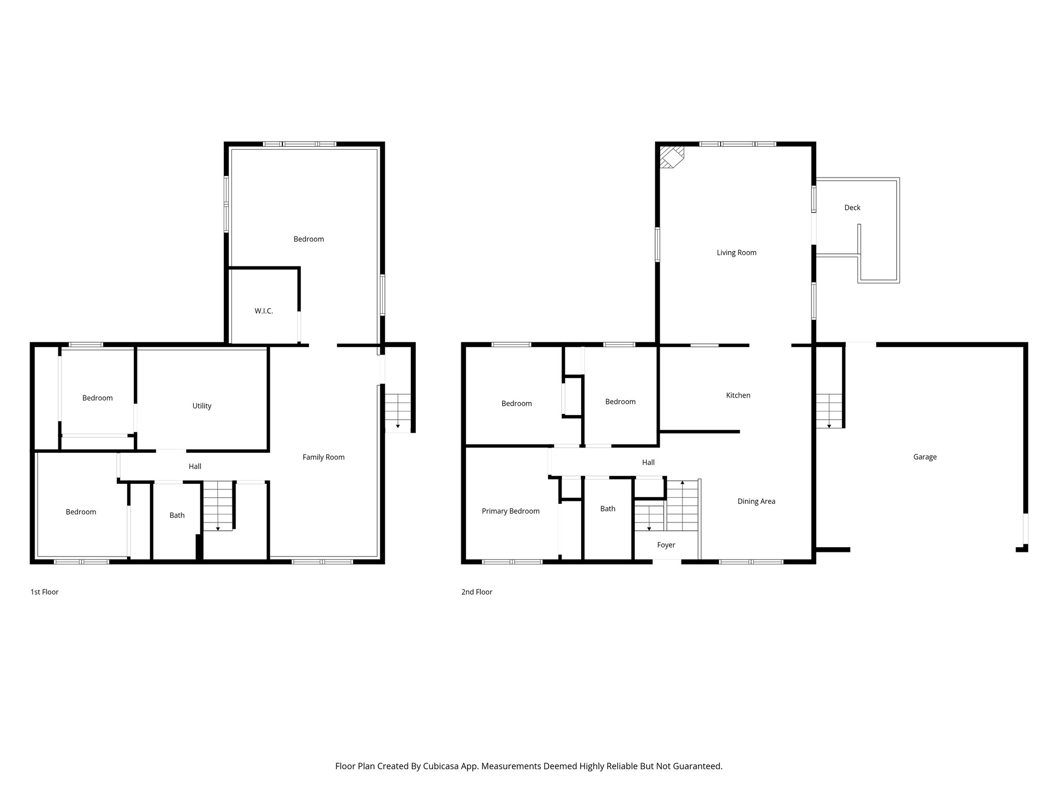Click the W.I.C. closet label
tap(263, 311)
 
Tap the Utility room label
tap(201, 406)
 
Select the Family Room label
tap(323, 457)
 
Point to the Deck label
tap(852, 208)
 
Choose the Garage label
tap(924, 457)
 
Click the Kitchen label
tap(738, 395)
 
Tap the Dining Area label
tap(756, 501)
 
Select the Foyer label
tap(666, 545)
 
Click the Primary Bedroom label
tap(510, 511)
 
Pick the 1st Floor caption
tap(44, 592)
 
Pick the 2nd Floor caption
tap(476, 592)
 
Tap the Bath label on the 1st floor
tap(177, 515)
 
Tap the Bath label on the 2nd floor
tap(608, 509)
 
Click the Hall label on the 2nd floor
tap(648, 463)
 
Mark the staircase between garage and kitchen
tap(829, 410)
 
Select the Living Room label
tap(736, 253)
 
